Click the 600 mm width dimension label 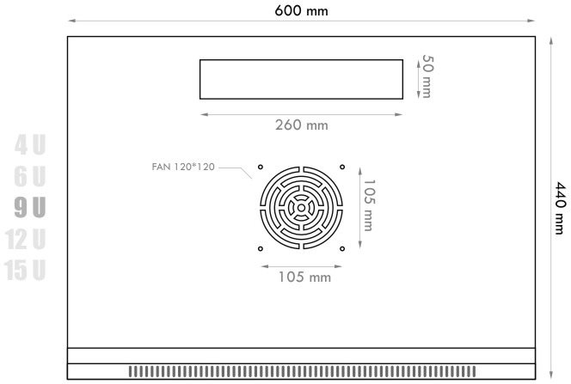301,10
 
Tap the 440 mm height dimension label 560,209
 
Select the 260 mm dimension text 302,125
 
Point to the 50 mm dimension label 427,76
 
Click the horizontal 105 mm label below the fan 304,277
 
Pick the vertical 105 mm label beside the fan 369,205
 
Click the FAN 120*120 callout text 183,167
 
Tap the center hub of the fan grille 301,208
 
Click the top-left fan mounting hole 261,167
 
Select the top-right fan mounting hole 342,167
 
